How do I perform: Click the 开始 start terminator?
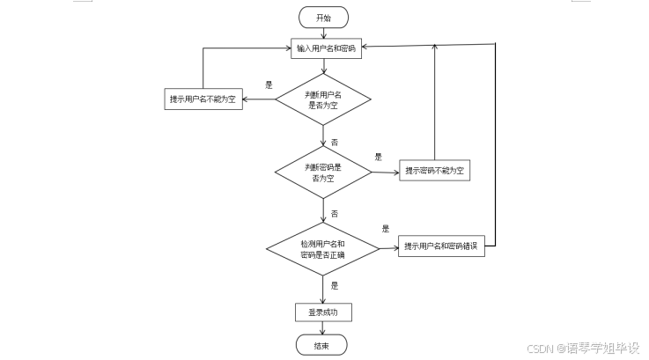point(323,18)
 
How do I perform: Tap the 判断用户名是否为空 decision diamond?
point(323,99)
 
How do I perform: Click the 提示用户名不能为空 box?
point(203,99)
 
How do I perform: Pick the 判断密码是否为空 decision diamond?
point(323,172)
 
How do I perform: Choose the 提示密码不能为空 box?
point(434,171)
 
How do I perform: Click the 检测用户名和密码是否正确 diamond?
point(322,248)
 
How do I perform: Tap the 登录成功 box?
point(323,312)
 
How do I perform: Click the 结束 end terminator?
point(322,345)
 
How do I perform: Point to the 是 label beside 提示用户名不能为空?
point(269,85)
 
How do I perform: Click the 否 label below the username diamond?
point(335,142)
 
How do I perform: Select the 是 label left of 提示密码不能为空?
point(378,157)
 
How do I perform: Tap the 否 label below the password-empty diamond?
point(335,214)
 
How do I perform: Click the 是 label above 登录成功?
point(335,285)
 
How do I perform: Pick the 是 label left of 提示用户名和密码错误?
point(385,229)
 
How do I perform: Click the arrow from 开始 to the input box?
point(323,33)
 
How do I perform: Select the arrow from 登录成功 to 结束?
point(323,328)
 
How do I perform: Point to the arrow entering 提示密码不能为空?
point(386,172)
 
